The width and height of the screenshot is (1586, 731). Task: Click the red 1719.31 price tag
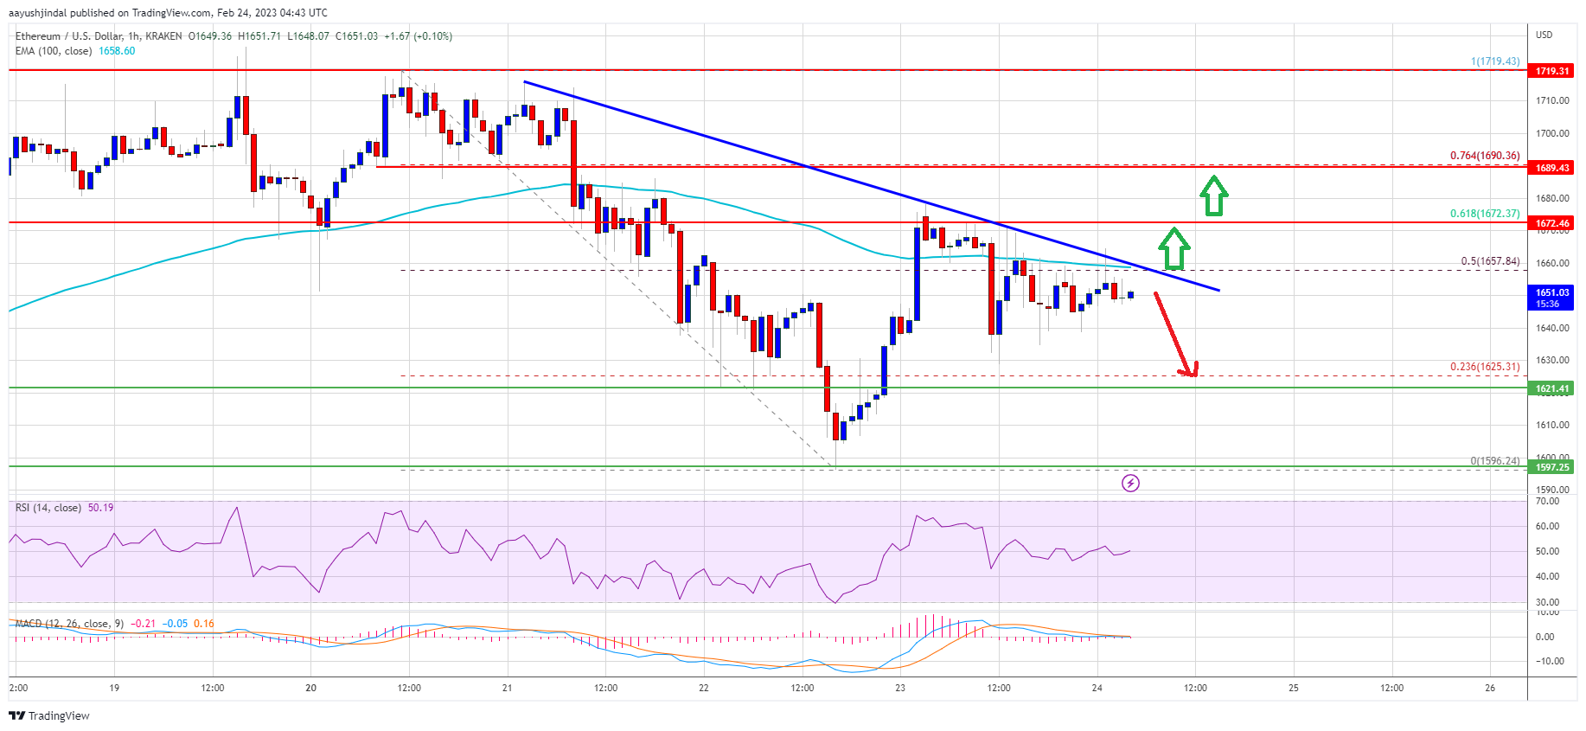tap(1551, 71)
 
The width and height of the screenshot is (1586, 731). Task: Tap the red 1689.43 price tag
tap(1551, 168)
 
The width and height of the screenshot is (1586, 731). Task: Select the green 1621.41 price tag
tap(1551, 388)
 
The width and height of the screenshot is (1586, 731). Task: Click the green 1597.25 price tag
tap(1551, 467)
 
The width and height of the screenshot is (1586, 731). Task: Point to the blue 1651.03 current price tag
tap(1551, 298)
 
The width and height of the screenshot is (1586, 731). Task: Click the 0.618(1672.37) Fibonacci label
tap(1484, 214)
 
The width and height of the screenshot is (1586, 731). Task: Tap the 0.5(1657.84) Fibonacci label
tap(1489, 261)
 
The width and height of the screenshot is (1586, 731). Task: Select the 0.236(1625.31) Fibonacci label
tap(1484, 367)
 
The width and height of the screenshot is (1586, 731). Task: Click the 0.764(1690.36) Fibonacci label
tap(1484, 156)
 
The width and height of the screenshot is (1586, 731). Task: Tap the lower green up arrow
tap(1174, 248)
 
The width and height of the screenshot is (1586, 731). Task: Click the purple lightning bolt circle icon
tap(1130, 483)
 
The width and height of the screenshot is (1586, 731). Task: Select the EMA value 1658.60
tap(117, 51)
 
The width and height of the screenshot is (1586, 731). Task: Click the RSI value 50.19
tap(100, 508)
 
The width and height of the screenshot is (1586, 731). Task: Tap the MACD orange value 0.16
tap(204, 624)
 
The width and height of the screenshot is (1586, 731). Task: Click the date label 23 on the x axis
tap(900, 688)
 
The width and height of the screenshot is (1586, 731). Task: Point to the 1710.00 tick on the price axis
tap(1551, 101)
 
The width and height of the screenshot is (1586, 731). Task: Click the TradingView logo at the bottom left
tap(49, 715)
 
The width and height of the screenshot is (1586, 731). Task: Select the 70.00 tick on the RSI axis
tap(1547, 502)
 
